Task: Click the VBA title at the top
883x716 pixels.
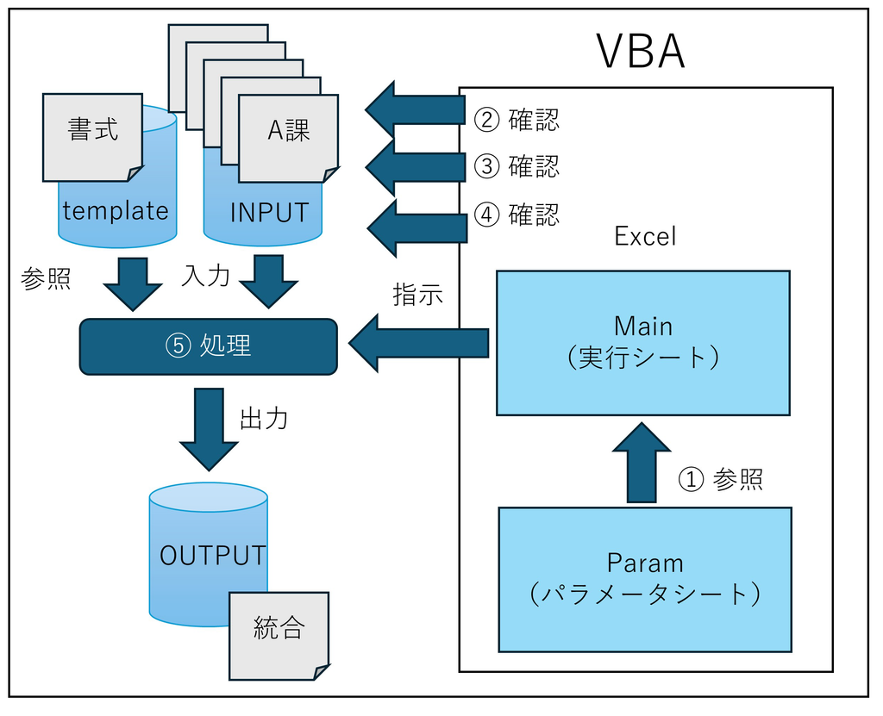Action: tap(641, 53)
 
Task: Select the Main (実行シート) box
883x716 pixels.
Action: tap(643, 342)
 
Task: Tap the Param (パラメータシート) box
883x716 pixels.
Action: tap(645, 579)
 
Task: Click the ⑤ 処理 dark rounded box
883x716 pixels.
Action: tap(208, 346)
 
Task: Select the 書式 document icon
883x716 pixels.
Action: tap(93, 137)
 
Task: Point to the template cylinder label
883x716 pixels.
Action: tap(116, 211)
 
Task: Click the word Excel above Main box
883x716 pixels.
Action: tap(645, 236)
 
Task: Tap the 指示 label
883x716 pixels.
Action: tap(417, 295)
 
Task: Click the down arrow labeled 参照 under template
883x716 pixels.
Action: tap(132, 283)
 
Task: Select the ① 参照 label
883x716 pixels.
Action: tap(720, 480)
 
